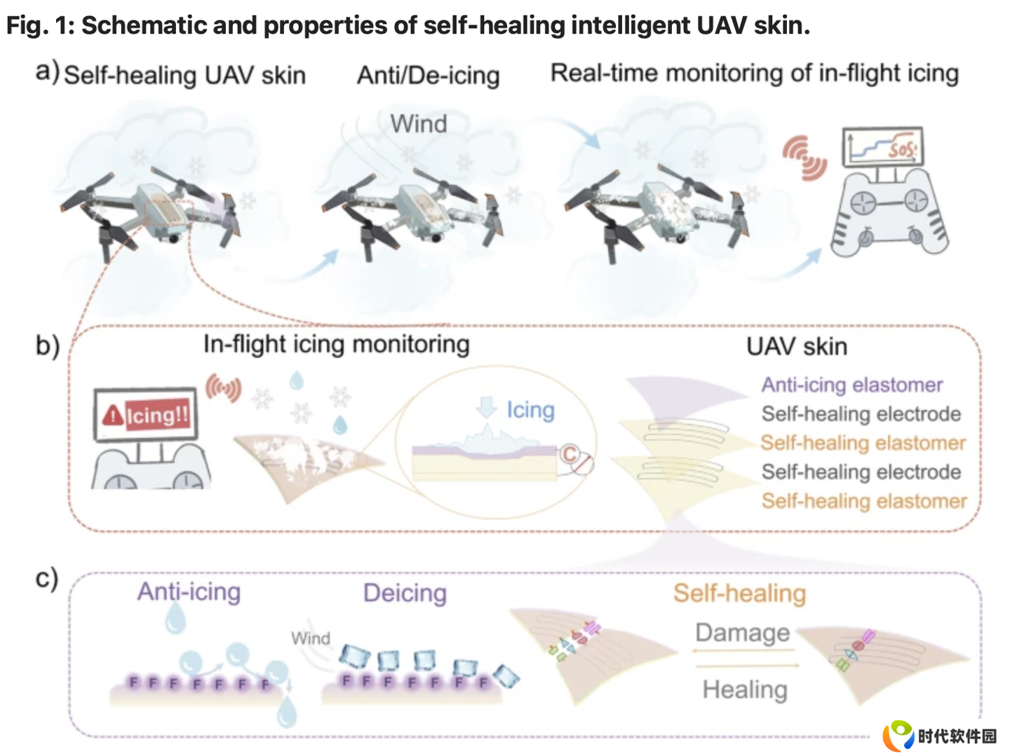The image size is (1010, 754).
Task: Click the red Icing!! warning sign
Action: pos(147,416)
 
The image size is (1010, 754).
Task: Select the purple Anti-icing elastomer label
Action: pos(851,385)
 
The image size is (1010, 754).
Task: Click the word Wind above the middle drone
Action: pos(418,123)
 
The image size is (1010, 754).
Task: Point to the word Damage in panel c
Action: pos(743,633)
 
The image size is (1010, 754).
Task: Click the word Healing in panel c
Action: pos(745,690)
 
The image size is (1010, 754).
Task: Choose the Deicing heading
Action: pos(405,593)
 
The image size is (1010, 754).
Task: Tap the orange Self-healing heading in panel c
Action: pos(739,594)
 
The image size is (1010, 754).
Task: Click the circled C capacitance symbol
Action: pos(570,454)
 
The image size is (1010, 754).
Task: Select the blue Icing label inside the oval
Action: pos(530,410)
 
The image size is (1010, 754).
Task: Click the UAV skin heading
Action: pos(797,346)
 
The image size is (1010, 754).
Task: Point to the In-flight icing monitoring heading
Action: pos(337,345)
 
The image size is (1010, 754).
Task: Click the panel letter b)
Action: pos(48,345)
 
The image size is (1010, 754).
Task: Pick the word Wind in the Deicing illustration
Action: pos(311,638)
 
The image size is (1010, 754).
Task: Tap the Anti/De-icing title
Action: pos(429,76)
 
